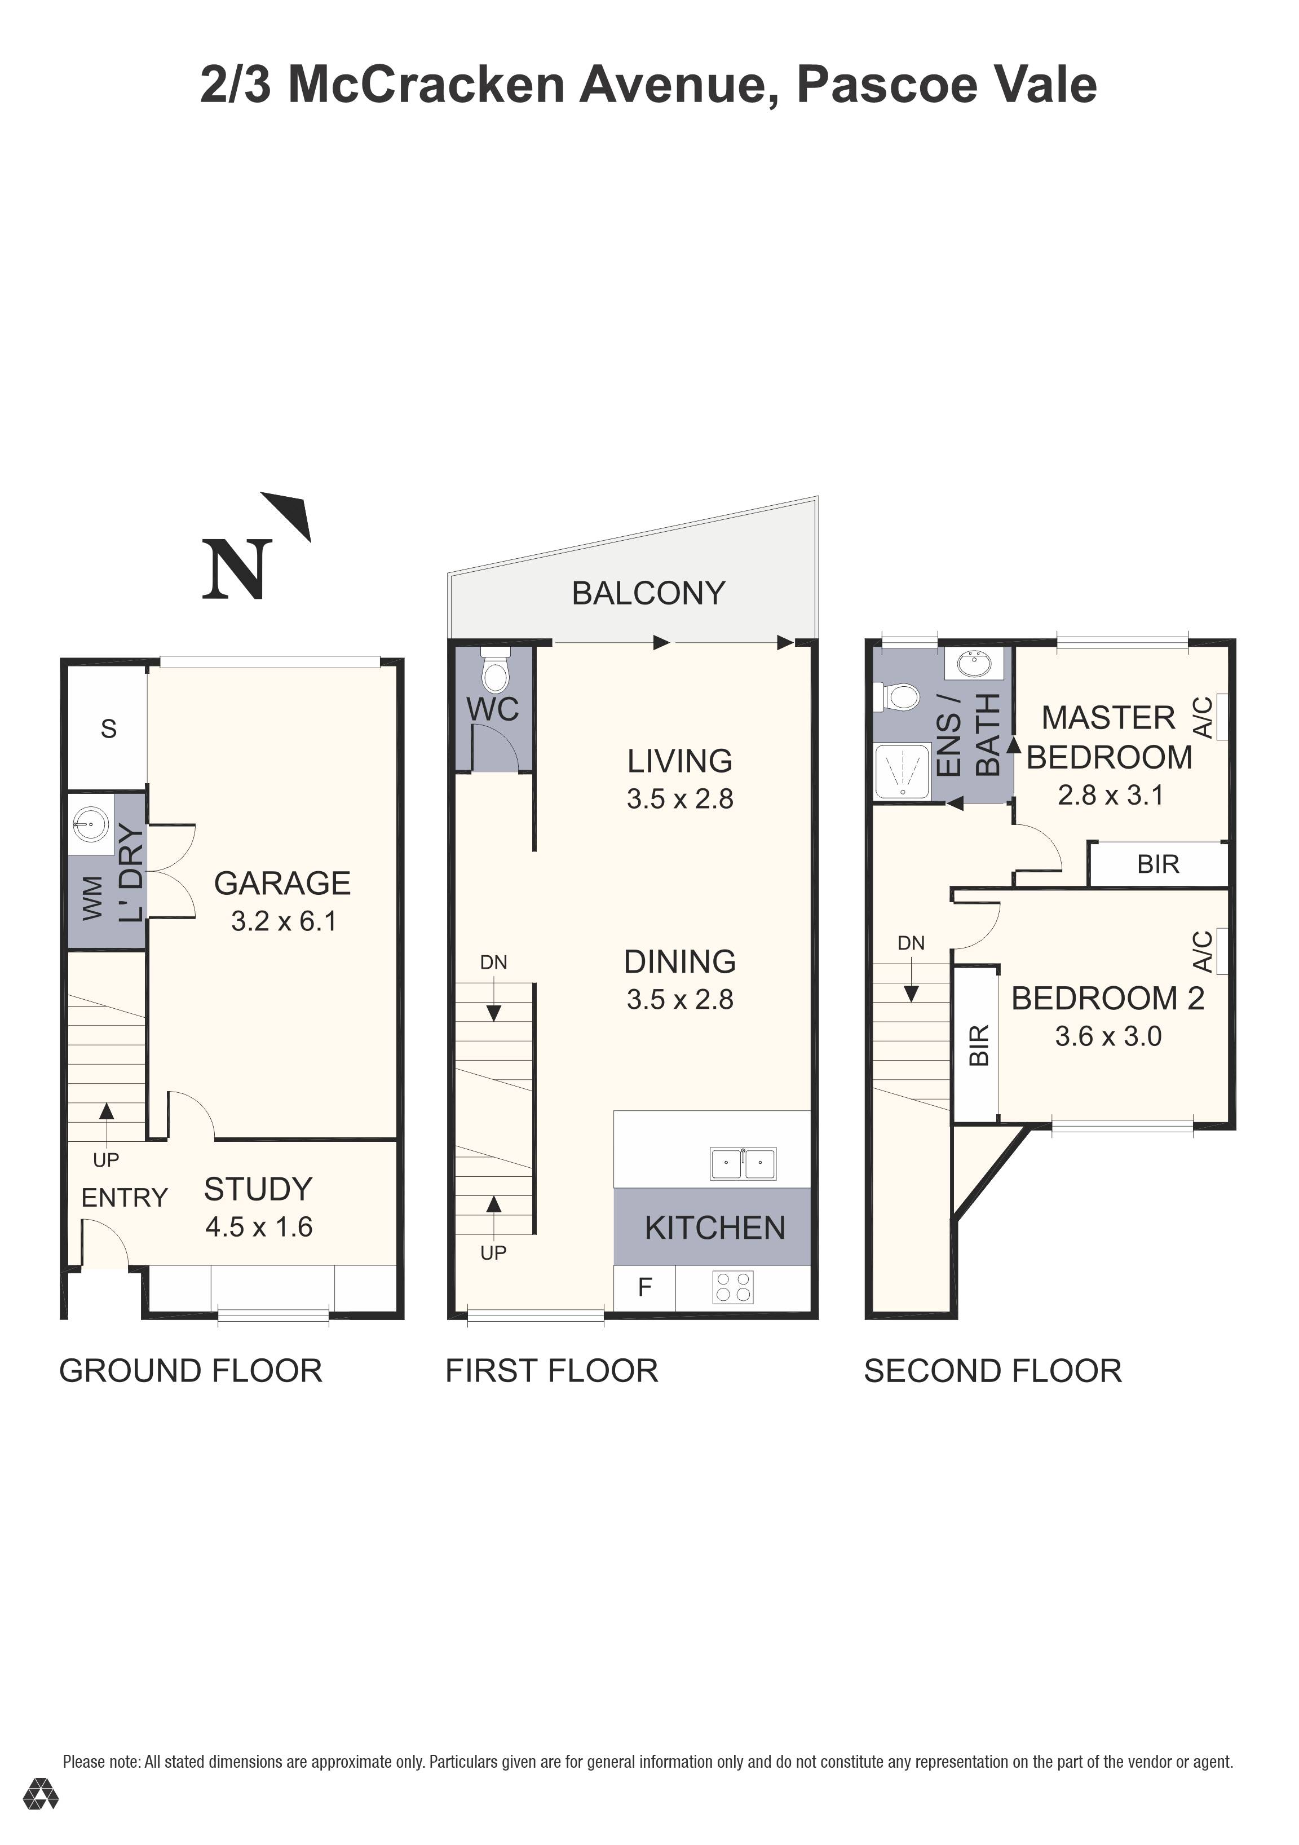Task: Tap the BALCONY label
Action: click(648, 594)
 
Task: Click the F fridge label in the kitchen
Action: click(644, 1287)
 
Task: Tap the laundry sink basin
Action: click(90, 822)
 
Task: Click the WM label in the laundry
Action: click(92, 898)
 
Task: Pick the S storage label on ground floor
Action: click(108, 729)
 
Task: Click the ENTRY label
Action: click(123, 1198)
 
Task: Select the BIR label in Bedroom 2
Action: click(978, 1045)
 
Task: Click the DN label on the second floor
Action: click(911, 943)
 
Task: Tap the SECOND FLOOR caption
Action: click(992, 1371)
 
